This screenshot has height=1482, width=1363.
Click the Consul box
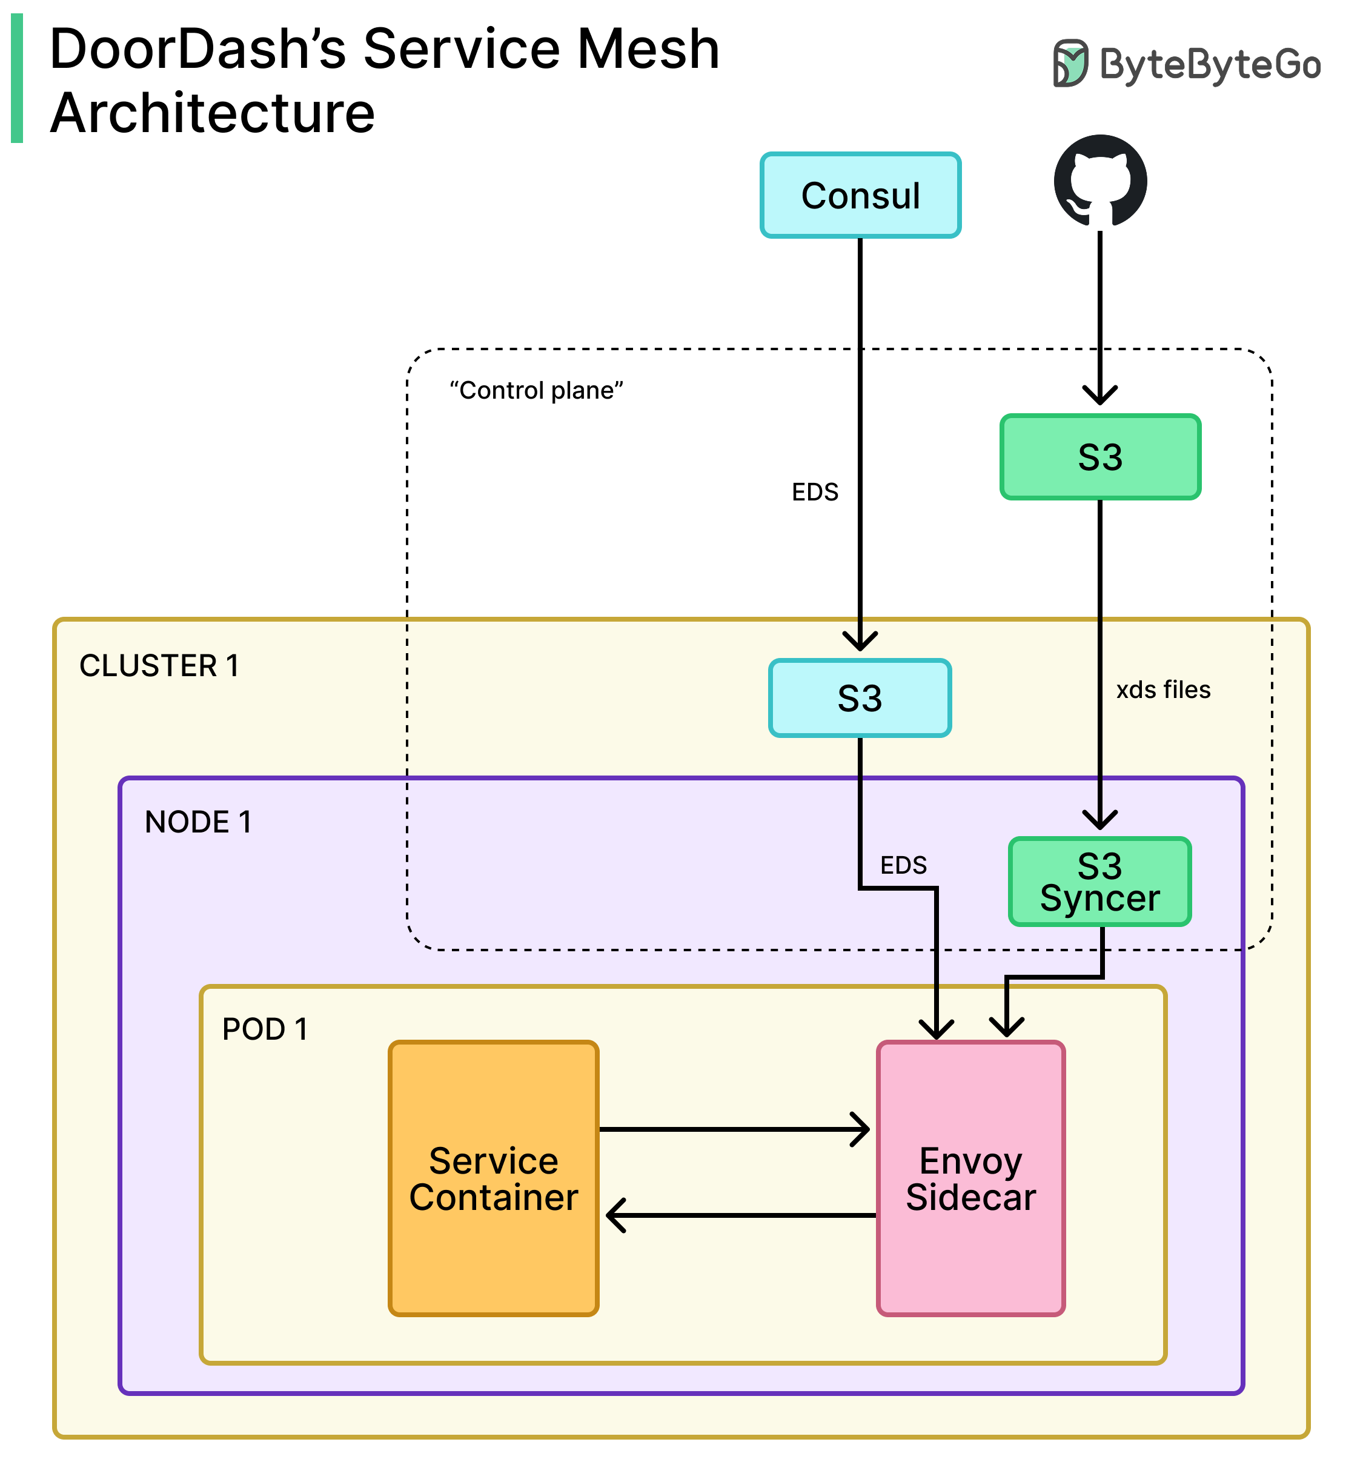860,196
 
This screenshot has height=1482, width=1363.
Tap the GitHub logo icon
1099,180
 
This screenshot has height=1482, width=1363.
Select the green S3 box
1099,457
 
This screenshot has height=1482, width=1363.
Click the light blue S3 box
860,698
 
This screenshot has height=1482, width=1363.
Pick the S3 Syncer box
1099,882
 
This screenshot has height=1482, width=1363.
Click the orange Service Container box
494,1178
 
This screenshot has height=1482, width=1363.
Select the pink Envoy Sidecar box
970,1178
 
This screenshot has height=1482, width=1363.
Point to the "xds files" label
1163,689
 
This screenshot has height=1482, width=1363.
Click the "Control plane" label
536,390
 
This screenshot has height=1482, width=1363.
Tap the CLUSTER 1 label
159,665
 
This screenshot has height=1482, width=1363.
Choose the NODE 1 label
199,822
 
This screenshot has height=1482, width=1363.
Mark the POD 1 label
265,1029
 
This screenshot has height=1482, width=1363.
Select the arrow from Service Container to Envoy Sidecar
734,1129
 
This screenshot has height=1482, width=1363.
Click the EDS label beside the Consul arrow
815,492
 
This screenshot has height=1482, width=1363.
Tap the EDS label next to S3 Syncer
903,865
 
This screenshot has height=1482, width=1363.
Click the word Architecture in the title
213,113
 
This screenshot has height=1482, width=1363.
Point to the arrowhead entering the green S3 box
1099,394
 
